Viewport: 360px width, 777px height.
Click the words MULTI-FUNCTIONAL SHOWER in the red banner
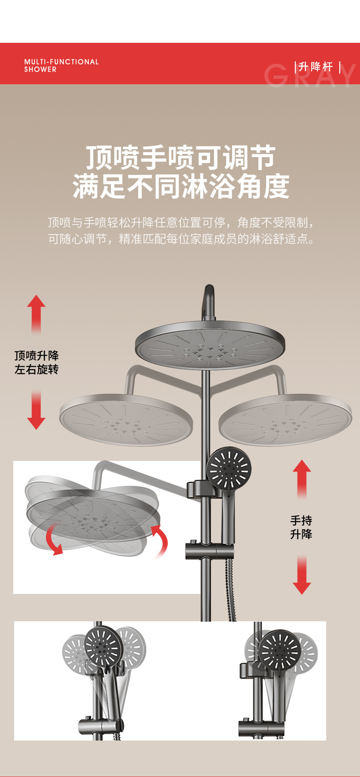point(61,65)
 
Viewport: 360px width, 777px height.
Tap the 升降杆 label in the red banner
point(316,67)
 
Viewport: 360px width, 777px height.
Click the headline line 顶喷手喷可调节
point(181,158)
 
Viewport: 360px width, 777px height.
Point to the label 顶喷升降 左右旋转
point(36,363)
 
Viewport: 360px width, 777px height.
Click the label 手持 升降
point(301,527)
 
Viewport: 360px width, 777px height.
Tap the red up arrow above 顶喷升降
point(36,314)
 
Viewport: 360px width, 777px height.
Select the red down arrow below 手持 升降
point(302,575)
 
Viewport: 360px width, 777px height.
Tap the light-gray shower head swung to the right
point(285,420)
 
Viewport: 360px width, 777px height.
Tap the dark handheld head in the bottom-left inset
point(103,644)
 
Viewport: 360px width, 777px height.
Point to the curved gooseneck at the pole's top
point(209,301)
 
